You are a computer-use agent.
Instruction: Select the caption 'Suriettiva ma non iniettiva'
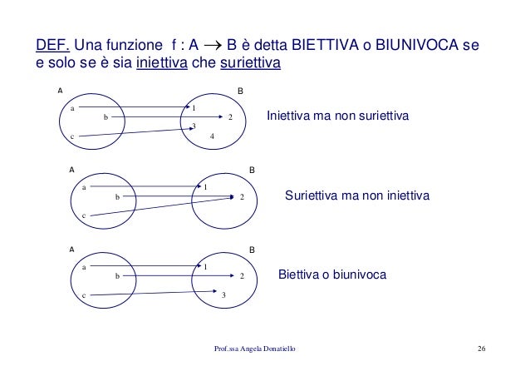(x=356, y=197)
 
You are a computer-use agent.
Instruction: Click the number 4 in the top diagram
(x=213, y=136)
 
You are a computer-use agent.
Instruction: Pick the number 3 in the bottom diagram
(x=223, y=295)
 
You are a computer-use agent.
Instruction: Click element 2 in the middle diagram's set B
(x=241, y=197)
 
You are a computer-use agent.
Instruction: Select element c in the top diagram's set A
(x=72, y=136)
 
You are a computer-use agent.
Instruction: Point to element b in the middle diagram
(x=118, y=197)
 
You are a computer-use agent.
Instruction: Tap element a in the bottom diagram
(x=84, y=266)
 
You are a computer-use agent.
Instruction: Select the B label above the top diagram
(x=240, y=90)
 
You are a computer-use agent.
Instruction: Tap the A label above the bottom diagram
(x=71, y=248)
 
